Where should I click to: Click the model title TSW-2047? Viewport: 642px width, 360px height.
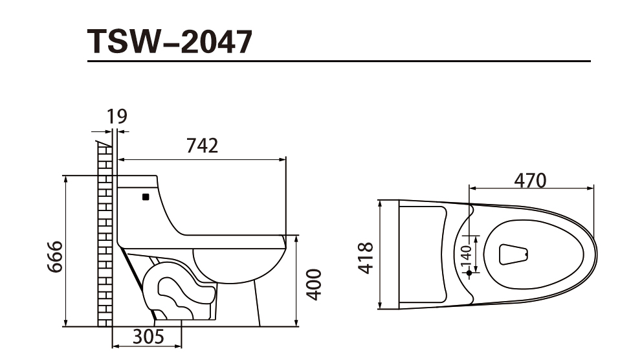[170, 41]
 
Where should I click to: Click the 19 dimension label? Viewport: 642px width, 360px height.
[116, 117]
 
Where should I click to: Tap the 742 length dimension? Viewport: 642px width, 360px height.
[202, 146]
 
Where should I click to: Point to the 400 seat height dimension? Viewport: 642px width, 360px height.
[314, 285]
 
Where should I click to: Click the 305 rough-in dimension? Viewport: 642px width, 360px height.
[148, 337]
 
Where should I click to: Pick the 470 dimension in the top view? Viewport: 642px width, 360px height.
[530, 179]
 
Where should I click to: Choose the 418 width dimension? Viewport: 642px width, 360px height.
[366, 258]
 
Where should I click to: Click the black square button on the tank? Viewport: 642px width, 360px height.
[146, 196]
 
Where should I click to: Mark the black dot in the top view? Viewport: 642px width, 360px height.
[469, 273]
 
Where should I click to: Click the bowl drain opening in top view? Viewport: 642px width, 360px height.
[515, 254]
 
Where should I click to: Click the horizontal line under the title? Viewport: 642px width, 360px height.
[339, 62]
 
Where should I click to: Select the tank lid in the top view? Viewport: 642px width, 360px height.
[421, 254]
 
